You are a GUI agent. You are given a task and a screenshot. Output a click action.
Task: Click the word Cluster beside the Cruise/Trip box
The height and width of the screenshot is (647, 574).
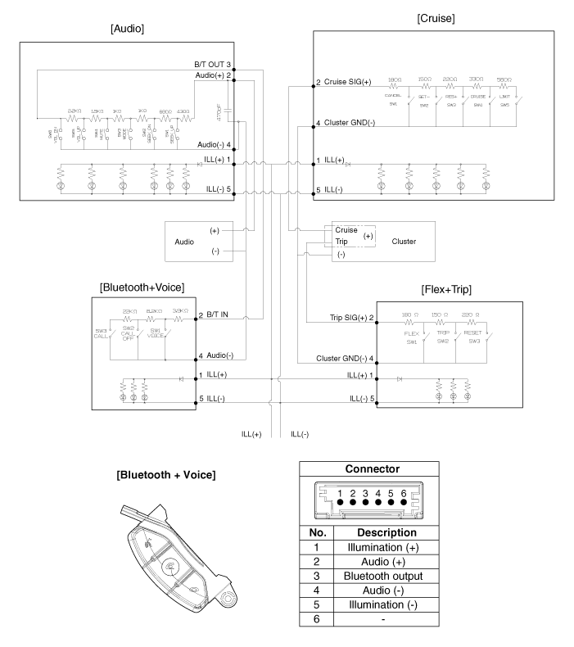[x=404, y=242]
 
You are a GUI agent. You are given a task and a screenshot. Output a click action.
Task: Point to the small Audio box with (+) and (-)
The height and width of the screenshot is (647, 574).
[x=197, y=242]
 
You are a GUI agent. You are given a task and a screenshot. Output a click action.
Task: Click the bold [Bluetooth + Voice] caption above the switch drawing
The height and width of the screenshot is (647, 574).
[x=166, y=475]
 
